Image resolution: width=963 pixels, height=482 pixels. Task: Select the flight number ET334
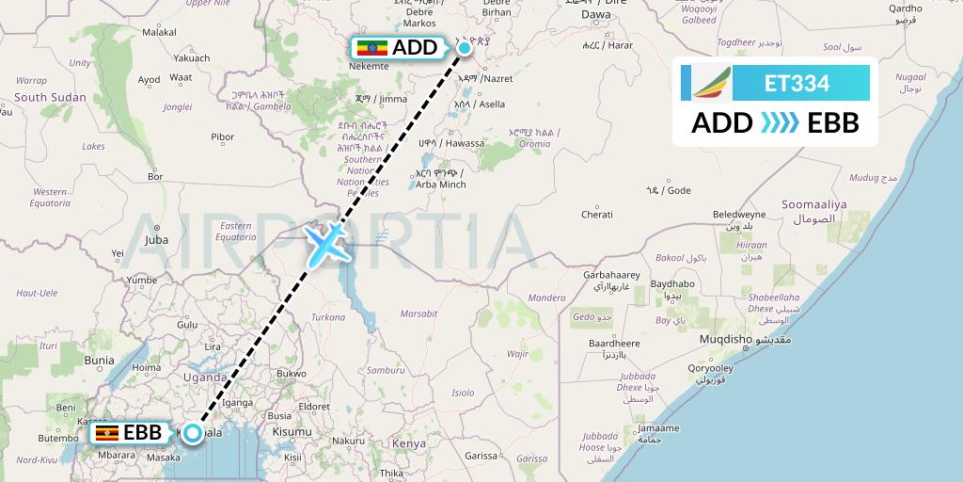tap(797, 83)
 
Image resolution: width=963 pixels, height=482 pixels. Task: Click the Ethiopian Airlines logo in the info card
tap(713, 83)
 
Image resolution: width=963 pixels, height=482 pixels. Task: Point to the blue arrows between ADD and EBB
tap(778, 123)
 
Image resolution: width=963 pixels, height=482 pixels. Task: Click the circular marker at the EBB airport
tap(192, 433)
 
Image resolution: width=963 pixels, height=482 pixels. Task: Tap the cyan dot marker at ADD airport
tap(464, 47)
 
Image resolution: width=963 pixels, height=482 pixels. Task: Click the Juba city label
tap(156, 240)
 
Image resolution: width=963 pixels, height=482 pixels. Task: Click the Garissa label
tap(481, 455)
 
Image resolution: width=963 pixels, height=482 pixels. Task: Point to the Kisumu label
tap(294, 431)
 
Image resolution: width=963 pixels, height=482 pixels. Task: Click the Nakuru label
tap(348, 440)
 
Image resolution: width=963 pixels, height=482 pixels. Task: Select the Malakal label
tap(159, 31)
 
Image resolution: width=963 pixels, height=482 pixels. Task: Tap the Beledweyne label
tap(739, 215)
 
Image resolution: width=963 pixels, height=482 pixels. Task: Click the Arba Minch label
tap(440, 185)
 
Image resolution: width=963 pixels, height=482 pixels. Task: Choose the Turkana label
tap(328, 317)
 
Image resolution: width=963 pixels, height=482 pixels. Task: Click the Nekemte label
tap(368, 67)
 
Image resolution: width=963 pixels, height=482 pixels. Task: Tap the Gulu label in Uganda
tap(188, 324)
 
